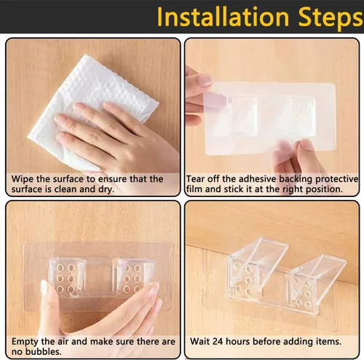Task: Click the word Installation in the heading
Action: (223, 17)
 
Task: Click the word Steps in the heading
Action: (331, 17)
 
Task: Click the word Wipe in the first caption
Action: (23, 180)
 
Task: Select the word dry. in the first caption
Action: (106, 190)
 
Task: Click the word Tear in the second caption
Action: (194, 179)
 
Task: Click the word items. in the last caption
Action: (328, 342)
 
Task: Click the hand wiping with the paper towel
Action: (116, 136)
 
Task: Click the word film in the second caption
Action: (194, 189)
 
